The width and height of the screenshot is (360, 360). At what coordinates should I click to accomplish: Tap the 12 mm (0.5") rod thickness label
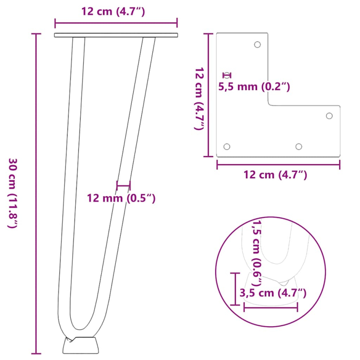click(x=121, y=198)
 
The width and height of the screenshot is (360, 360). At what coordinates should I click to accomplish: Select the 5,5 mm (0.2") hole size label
click(x=254, y=86)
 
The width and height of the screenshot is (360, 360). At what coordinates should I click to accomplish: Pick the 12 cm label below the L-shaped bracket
click(x=275, y=175)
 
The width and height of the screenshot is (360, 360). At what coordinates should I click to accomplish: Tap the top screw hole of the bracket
click(x=257, y=45)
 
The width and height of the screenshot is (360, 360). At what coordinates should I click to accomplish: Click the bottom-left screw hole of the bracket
click(x=227, y=147)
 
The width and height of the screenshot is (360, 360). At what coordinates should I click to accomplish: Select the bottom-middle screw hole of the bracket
click(x=298, y=147)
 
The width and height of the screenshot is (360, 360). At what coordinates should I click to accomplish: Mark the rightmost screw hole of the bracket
click(x=329, y=116)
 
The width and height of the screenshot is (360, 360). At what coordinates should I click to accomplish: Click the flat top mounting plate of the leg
click(x=116, y=35)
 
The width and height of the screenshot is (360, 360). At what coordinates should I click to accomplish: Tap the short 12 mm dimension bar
click(x=123, y=185)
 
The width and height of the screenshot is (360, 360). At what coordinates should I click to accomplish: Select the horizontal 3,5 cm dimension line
click(x=270, y=307)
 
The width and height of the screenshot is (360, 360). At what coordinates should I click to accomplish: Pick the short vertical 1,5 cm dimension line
click(x=235, y=288)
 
